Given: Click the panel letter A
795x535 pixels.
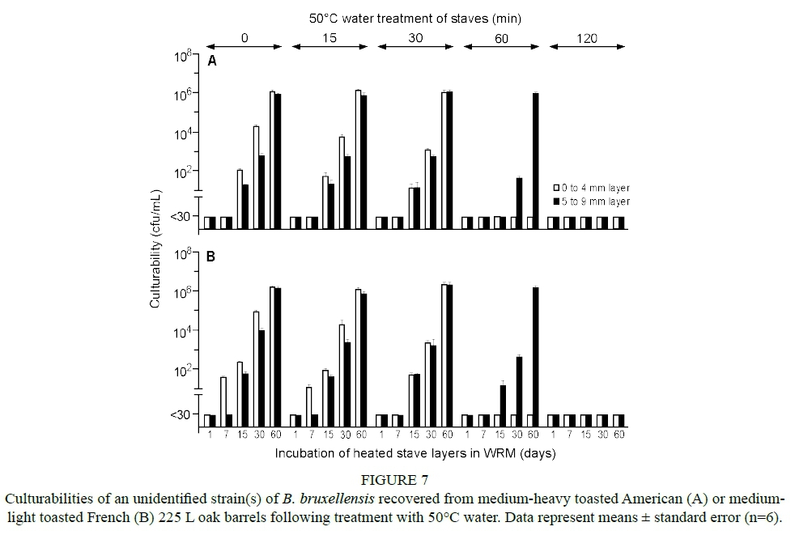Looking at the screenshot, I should [213, 61].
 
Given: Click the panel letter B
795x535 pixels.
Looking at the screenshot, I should [211, 257].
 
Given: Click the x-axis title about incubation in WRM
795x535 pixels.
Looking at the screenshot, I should [415, 453].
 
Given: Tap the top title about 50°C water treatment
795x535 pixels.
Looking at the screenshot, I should [414, 16].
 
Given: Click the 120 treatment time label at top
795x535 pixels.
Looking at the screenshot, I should [586, 37].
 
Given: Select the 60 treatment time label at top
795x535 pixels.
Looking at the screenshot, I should [501, 37].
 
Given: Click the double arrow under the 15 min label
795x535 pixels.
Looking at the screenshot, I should [329, 47].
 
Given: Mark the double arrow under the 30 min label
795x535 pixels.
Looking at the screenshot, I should [415, 47].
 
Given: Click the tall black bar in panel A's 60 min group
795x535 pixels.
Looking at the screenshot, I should [535, 154].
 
